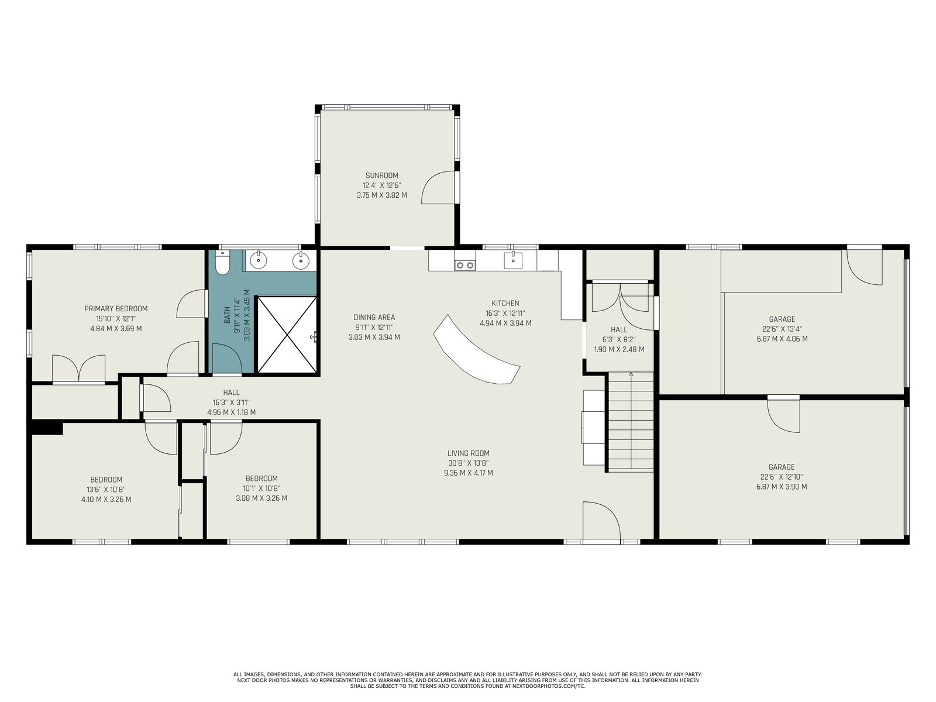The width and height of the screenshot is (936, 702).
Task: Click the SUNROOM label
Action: pyautogui.click(x=381, y=175)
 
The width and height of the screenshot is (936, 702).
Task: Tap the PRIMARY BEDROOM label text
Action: pyautogui.click(x=116, y=309)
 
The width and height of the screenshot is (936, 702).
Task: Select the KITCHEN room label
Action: pyautogui.click(x=505, y=303)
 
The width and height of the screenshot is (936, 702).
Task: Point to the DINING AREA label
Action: pyautogui.click(x=374, y=317)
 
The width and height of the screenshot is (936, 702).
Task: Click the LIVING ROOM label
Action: pyautogui.click(x=468, y=453)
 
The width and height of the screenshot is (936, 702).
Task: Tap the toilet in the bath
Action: pyautogui.click(x=222, y=261)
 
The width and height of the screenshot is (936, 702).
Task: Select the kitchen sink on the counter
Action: pyautogui.click(x=513, y=260)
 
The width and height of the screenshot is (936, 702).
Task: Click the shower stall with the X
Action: pyautogui.click(x=287, y=335)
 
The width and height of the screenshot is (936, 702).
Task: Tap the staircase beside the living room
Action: pyautogui.click(x=631, y=422)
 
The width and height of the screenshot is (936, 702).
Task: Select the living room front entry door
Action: pyautogui.click(x=601, y=522)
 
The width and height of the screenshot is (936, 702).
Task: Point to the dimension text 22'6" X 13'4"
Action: pyautogui.click(x=782, y=329)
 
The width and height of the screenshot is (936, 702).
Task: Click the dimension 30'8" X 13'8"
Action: pyautogui.click(x=468, y=463)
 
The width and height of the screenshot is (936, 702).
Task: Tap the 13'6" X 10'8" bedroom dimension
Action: pyautogui.click(x=106, y=490)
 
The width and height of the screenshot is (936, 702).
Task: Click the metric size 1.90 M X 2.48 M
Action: pyautogui.click(x=619, y=349)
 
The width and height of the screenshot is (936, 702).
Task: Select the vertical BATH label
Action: pyautogui.click(x=228, y=315)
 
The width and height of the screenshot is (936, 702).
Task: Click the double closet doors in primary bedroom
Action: pyautogui.click(x=79, y=369)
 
